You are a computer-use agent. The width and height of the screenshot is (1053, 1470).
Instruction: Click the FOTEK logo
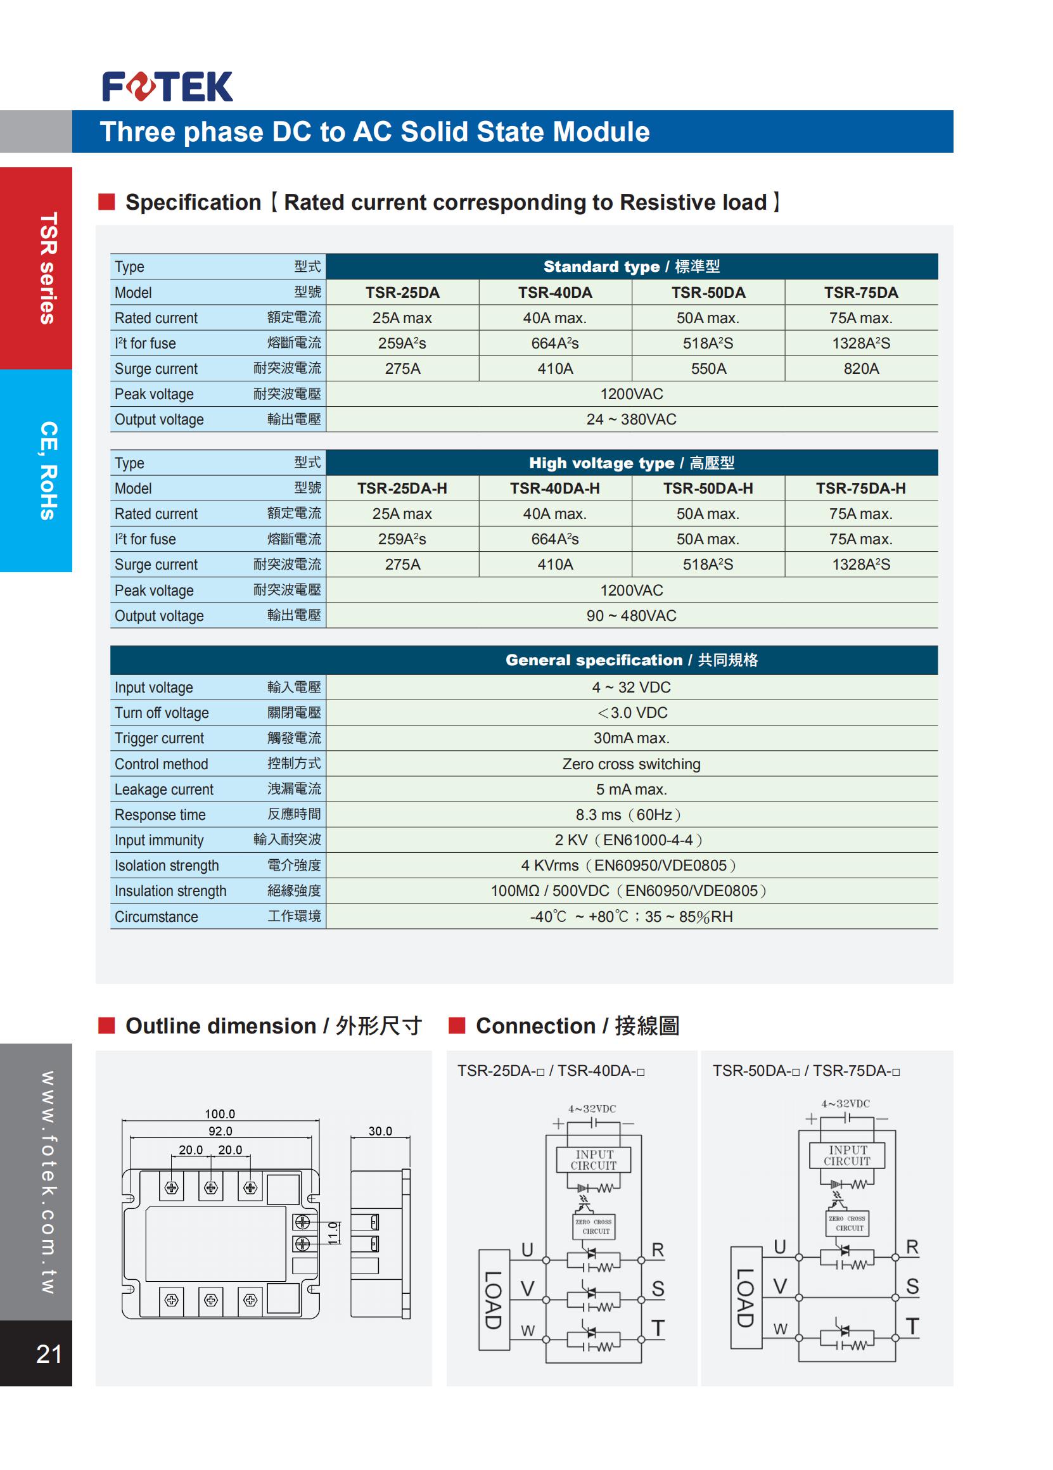[x=167, y=87]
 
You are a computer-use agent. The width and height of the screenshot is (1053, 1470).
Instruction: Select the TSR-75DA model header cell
[x=860, y=292]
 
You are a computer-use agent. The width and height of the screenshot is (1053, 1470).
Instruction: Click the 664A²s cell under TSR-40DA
[x=554, y=343]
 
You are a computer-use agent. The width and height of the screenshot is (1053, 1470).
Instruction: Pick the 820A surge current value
[x=860, y=369]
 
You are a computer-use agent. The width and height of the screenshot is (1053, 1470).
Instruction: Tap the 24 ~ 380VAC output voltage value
[x=630, y=419]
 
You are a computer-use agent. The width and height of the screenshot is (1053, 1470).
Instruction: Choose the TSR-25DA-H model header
[x=402, y=488]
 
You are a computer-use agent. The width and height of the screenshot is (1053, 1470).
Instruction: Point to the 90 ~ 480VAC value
[x=630, y=616]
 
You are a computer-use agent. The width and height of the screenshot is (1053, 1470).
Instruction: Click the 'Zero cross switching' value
[x=630, y=764]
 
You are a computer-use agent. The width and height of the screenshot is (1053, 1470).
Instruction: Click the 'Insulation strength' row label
[x=170, y=892]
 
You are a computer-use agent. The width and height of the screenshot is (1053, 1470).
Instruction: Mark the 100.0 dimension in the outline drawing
[x=220, y=1114]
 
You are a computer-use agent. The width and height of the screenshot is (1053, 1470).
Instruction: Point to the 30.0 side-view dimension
[x=380, y=1131]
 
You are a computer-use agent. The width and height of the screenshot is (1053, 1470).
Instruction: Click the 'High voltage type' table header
[x=630, y=463]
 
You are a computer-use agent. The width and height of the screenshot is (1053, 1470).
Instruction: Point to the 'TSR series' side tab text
[x=49, y=267]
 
